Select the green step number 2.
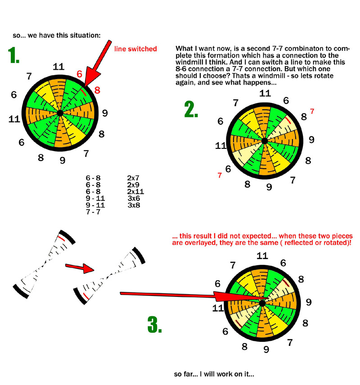click(191, 109)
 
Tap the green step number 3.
click(154, 324)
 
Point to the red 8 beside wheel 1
click(97, 90)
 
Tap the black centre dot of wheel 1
click(60, 114)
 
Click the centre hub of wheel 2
click(265, 141)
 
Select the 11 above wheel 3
click(262, 256)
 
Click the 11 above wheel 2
click(265, 94)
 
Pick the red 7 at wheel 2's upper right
click(312, 111)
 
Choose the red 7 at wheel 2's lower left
click(220, 175)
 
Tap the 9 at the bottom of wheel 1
click(63, 160)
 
